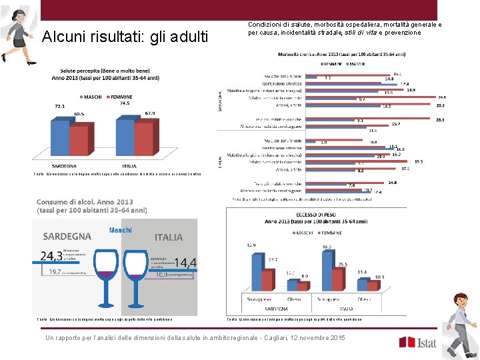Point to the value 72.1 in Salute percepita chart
coord(61,106)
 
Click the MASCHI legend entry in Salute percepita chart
coord(91,97)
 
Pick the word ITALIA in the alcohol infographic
coord(168,237)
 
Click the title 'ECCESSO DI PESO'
coord(313,213)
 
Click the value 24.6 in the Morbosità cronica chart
coord(441,97)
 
